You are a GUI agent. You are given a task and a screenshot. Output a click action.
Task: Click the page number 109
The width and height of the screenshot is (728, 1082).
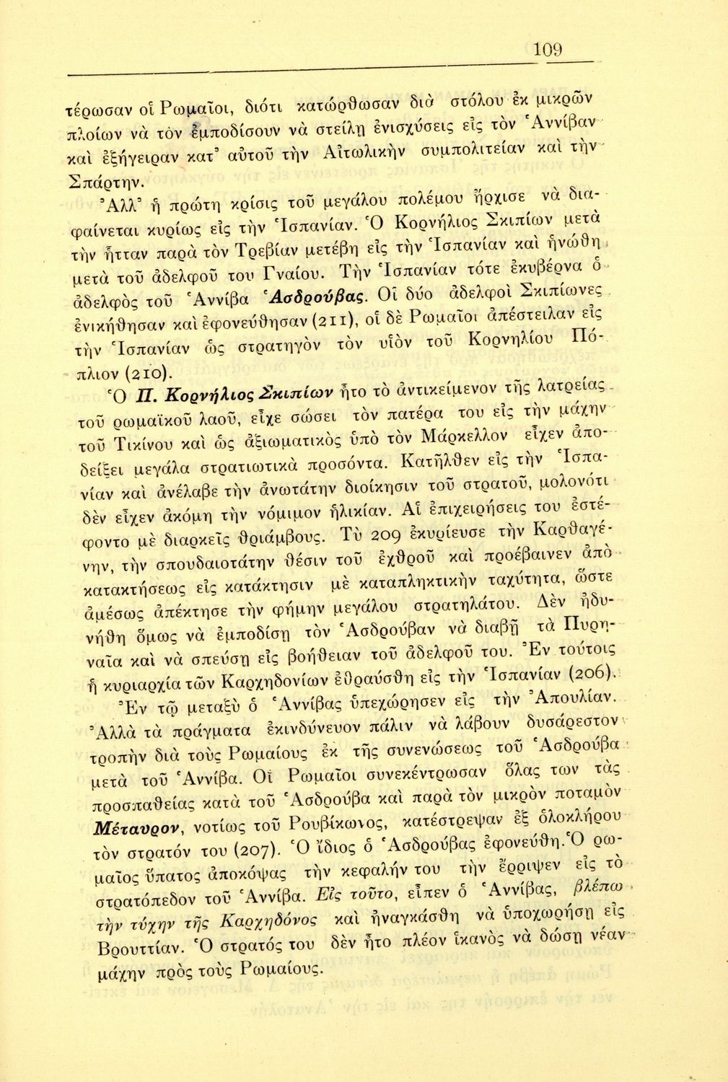click(548, 50)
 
